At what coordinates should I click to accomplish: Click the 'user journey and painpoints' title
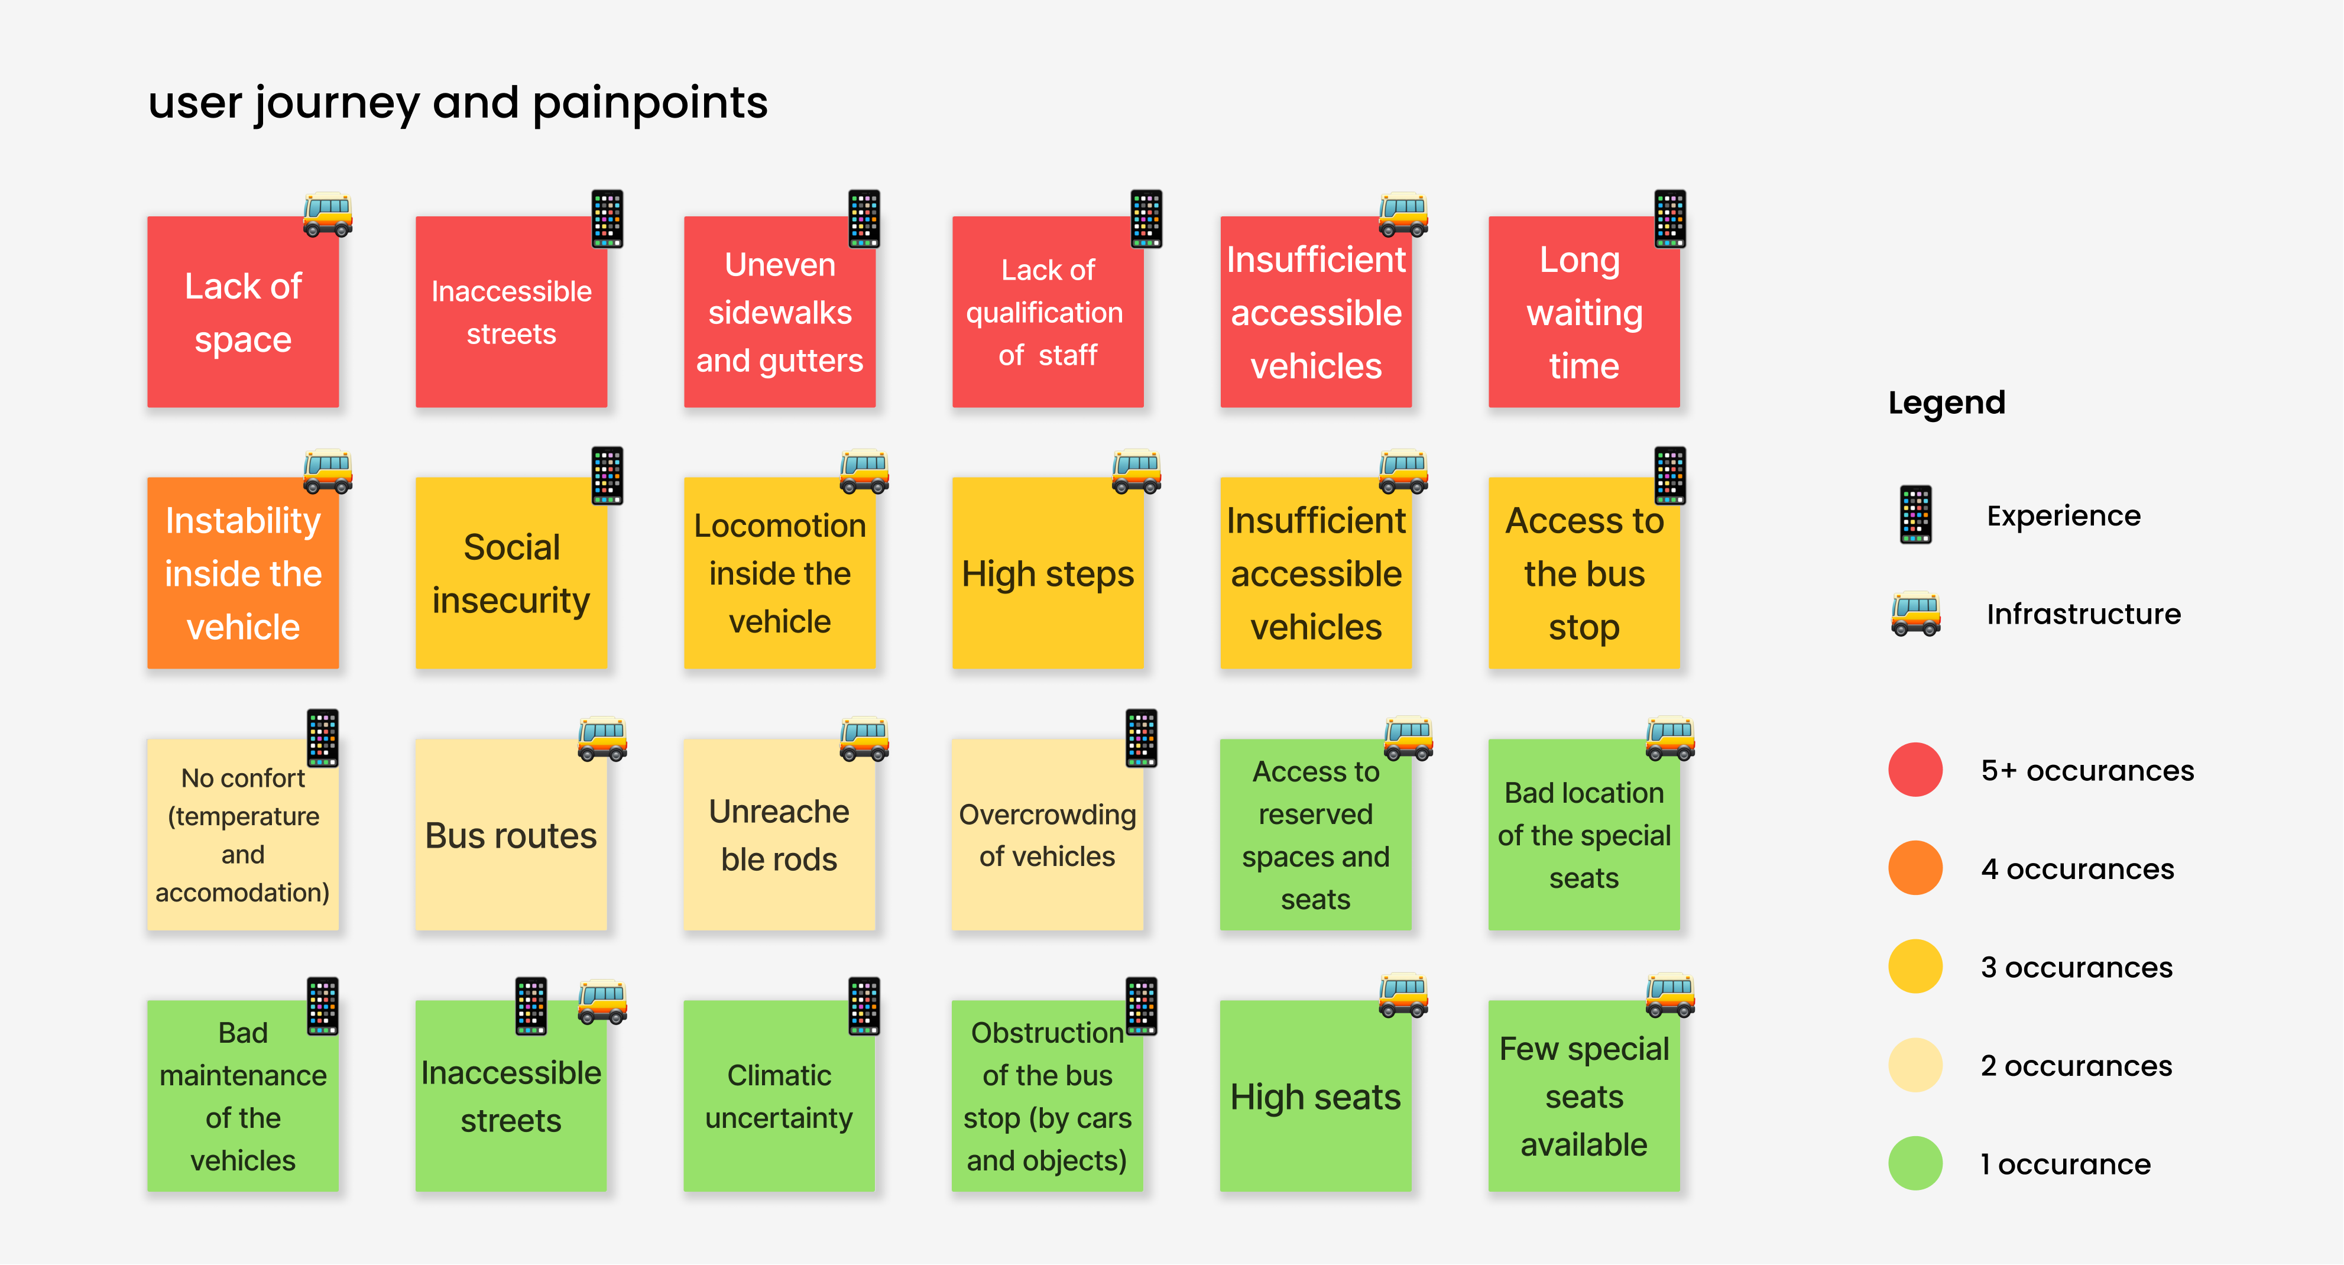(458, 103)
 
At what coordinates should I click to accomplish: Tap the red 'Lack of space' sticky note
(243, 312)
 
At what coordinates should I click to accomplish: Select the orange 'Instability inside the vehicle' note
(243, 573)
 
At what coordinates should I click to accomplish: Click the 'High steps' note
(1048, 573)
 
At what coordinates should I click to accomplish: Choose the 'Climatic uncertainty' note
(779, 1096)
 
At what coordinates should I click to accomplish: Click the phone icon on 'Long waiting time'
(1669, 218)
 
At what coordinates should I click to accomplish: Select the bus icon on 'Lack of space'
(328, 215)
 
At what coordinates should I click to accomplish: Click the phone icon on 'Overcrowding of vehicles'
(1141, 737)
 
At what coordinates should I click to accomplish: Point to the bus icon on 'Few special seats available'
(1669, 995)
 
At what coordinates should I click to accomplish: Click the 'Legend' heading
(1946, 402)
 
